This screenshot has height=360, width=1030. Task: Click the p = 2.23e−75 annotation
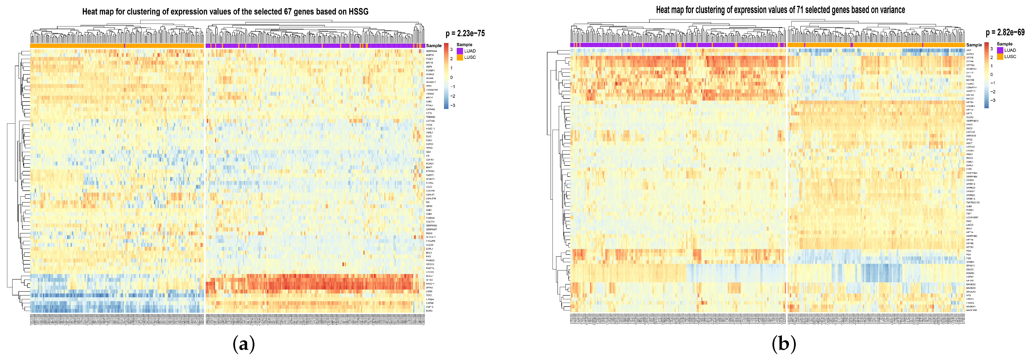[x=465, y=34]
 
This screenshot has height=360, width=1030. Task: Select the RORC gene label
[x=429, y=311]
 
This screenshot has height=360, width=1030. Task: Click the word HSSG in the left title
[x=358, y=12]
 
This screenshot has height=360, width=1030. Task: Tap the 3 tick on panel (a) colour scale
[x=452, y=50]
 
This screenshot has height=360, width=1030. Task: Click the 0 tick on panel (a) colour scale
[x=452, y=77]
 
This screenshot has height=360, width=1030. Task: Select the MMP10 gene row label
[x=430, y=55]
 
